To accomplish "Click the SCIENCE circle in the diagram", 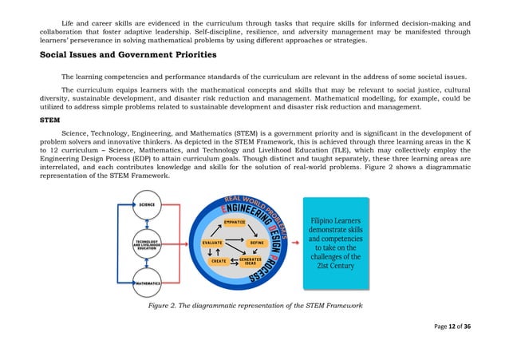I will pyautogui.click(x=147, y=205).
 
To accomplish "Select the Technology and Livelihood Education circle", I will pyautogui.click(x=147, y=243).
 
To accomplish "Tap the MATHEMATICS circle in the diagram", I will pyautogui.click(x=147, y=283).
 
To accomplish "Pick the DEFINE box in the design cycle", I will pyautogui.click(x=257, y=242).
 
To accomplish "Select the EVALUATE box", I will pyautogui.click(x=212, y=242).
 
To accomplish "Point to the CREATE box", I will pyautogui.click(x=217, y=261).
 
